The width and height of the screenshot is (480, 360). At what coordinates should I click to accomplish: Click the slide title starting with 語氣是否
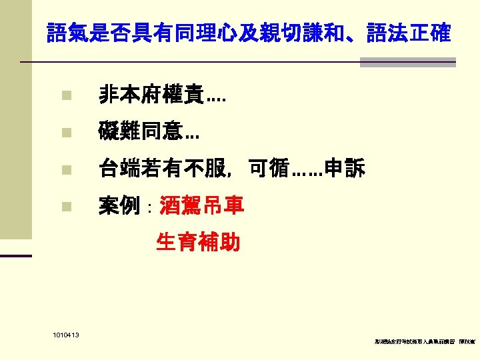(x=249, y=33)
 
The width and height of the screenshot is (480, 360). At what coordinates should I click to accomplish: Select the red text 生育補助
(x=197, y=242)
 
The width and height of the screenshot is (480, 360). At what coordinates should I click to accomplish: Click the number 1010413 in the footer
(x=64, y=335)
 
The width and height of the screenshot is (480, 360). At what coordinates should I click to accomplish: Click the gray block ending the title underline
(x=407, y=62)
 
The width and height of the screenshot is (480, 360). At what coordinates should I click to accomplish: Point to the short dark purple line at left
(x=16, y=255)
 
